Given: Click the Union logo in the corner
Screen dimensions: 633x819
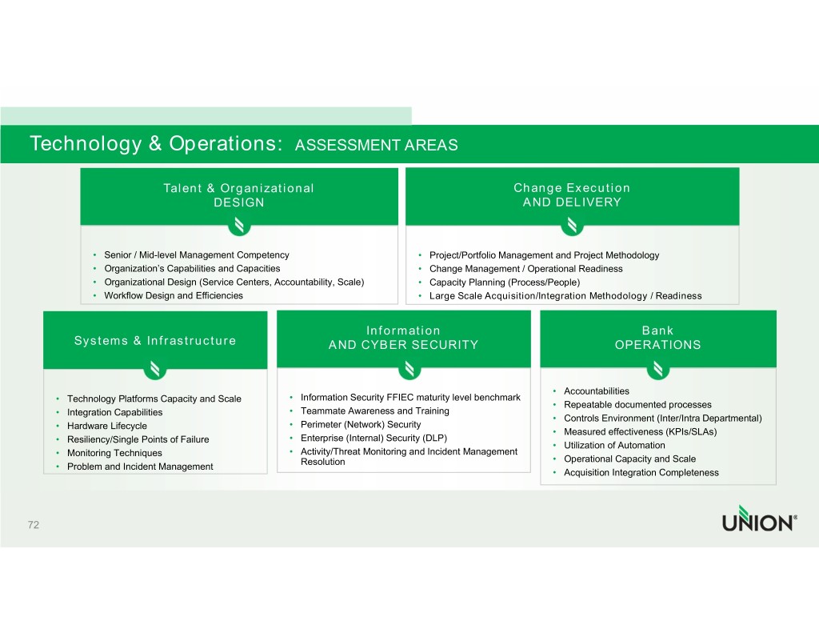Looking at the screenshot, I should pyautogui.click(x=758, y=519).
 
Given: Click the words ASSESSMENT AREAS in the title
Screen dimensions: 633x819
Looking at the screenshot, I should pyautogui.click(x=376, y=146).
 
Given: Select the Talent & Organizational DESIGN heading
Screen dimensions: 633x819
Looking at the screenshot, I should pyautogui.click(x=238, y=195).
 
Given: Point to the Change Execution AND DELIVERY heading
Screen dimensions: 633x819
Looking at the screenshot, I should pyautogui.click(x=572, y=195).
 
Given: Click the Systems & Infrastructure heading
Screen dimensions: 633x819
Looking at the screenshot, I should pyautogui.click(x=155, y=341).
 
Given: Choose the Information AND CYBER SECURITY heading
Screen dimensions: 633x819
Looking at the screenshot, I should pyautogui.click(x=403, y=338).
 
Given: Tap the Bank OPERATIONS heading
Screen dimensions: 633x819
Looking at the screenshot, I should pyautogui.click(x=657, y=338).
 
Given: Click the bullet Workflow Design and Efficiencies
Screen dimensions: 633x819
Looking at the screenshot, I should pyautogui.click(x=174, y=295).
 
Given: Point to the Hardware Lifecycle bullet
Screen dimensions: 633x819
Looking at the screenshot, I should pyautogui.click(x=107, y=426).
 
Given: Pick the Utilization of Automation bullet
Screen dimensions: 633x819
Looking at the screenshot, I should pyautogui.click(x=614, y=445).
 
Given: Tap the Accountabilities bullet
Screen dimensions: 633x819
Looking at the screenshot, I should pyautogui.click(x=597, y=391).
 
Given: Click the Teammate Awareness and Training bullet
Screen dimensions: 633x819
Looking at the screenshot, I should pyautogui.click(x=374, y=411).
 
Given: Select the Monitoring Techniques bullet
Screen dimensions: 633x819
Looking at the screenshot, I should pyautogui.click(x=114, y=453).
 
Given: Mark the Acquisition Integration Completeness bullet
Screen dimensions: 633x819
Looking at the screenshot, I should pyautogui.click(x=641, y=472).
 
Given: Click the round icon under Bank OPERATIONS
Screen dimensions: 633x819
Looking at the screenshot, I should pyautogui.click(x=657, y=369).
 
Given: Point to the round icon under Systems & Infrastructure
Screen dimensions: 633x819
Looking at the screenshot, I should pyautogui.click(x=155, y=369).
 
